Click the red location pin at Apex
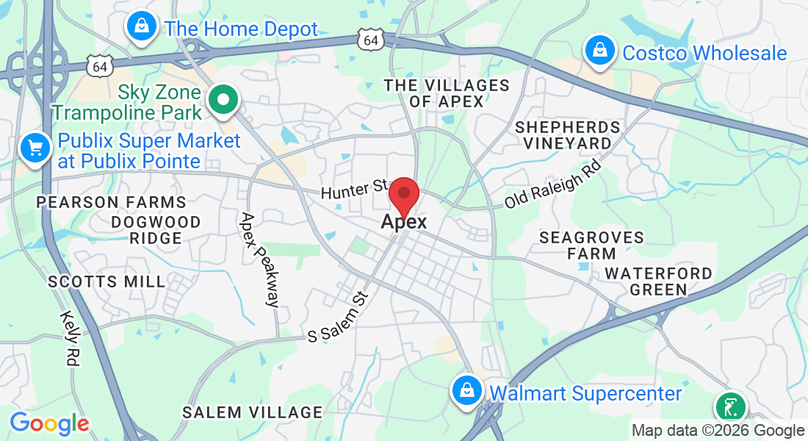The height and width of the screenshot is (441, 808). coord(403,196)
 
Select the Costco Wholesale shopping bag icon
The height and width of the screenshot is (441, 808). coord(599,51)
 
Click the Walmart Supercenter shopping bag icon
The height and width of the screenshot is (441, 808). coord(466,391)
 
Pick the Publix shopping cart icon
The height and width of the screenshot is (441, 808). coord(35,148)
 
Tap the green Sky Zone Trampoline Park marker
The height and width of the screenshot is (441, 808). coord(222,100)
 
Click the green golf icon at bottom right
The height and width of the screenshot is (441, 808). coord(730,407)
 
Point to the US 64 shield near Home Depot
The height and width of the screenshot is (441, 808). coord(100,66)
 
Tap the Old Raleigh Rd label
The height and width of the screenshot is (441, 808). coord(553,186)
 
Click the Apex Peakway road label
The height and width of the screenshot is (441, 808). coord(260,259)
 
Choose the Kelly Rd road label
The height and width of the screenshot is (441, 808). coord(71,338)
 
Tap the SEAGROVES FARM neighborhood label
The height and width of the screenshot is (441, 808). coord(591,245)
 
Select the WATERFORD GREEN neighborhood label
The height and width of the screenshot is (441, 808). coord(658,282)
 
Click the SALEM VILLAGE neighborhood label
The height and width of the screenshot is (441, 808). coord(253,412)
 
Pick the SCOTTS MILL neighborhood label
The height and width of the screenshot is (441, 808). coord(107,282)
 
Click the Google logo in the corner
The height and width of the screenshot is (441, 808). coord(49,423)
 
